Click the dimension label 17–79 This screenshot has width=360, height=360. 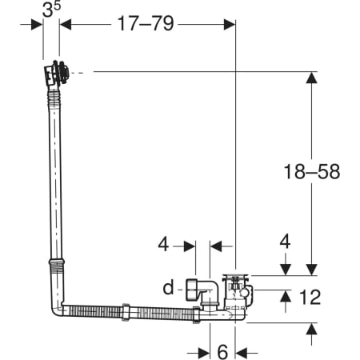(x=146, y=23)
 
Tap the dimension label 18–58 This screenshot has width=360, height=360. (x=312, y=171)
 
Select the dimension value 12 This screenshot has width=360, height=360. (x=310, y=297)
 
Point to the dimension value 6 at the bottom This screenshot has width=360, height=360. (x=222, y=352)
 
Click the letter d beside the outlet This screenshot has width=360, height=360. (x=168, y=287)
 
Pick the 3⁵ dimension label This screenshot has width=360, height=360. (x=51, y=10)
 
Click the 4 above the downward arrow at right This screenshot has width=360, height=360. (x=285, y=242)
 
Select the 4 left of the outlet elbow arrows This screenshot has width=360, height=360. (x=163, y=244)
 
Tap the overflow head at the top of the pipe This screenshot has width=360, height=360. (x=57, y=73)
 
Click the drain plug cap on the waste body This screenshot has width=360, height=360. (x=236, y=277)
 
